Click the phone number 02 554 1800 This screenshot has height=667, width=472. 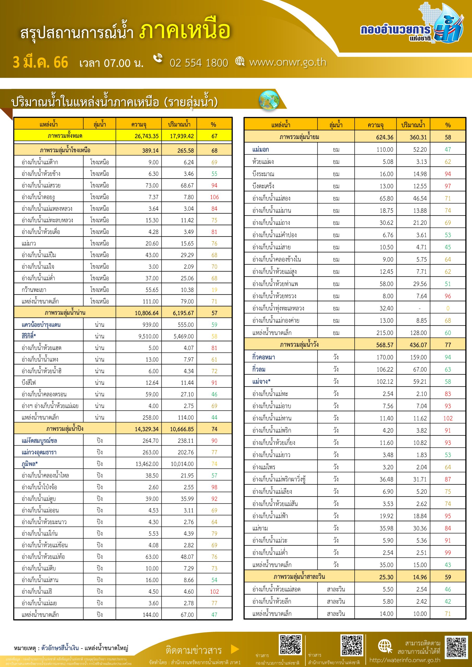199,63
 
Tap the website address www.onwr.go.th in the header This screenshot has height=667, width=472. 288,62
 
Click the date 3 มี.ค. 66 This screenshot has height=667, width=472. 40,63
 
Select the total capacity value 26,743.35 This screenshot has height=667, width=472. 146,136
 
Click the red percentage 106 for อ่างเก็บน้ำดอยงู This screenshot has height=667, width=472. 214,197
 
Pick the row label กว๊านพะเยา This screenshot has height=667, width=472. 34,290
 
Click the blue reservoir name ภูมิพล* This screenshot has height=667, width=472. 29,464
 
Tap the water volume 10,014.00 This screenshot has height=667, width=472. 182,464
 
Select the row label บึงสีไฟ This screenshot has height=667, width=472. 28,382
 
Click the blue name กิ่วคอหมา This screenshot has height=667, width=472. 263,357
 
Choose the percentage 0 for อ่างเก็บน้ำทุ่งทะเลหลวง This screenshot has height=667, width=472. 447,308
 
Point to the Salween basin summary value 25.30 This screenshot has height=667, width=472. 386,577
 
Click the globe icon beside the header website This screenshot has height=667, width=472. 240,61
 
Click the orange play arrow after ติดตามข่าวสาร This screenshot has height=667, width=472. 235,649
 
